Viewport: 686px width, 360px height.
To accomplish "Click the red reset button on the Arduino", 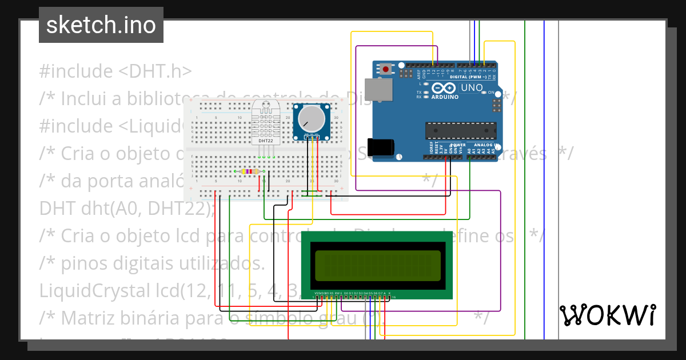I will pyautogui.click(x=386, y=70).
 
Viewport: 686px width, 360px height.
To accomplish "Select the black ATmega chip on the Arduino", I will pyautogui.click(x=461, y=131).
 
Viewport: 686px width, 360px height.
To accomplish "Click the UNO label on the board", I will pyautogui.click(x=472, y=88).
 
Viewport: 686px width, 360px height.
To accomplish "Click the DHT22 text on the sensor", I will pyautogui.click(x=266, y=140).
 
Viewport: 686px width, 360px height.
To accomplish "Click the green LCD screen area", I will pyautogui.click(x=377, y=265).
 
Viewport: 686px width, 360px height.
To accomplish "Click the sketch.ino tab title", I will pyautogui.click(x=101, y=25).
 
